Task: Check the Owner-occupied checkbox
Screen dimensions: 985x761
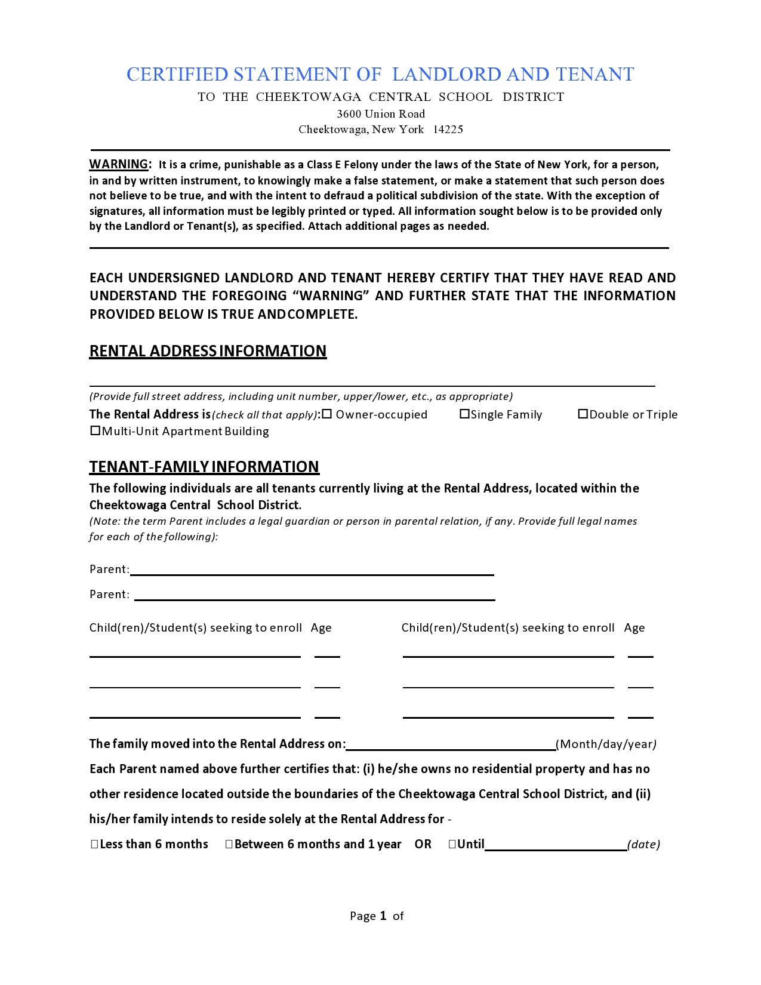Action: coord(326,414)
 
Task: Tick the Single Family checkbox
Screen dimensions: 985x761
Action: coord(464,414)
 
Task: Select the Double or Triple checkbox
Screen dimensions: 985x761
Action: coord(583,414)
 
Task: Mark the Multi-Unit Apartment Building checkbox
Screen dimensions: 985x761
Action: coord(95,430)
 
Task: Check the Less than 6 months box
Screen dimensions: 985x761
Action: coord(94,844)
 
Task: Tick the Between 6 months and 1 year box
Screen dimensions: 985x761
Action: coord(229,844)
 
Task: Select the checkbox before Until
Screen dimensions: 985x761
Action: coord(452,844)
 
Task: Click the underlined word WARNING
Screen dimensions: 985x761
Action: coord(119,164)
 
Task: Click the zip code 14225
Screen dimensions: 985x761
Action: coord(448,130)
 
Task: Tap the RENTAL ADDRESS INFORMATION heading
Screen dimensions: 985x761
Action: coord(208,351)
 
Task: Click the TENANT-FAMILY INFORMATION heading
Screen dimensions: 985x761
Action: coord(204,467)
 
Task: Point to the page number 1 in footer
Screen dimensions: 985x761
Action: coord(383,916)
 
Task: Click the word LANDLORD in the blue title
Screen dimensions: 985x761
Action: coord(446,74)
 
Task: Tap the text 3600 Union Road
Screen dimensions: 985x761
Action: coord(381,114)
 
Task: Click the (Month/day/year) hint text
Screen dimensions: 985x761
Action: coord(606,744)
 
